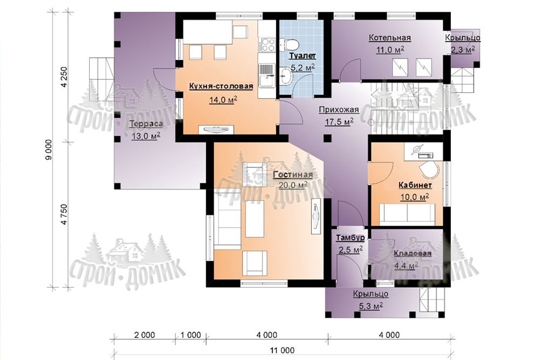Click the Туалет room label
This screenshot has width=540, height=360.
pyautogui.click(x=302, y=56)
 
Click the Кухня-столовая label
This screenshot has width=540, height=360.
pyautogui.click(x=221, y=86)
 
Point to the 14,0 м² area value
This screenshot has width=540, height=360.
pyautogui.click(x=223, y=100)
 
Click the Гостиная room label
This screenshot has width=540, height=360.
pyautogui.click(x=293, y=174)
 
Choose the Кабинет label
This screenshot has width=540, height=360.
pyautogui.click(x=415, y=185)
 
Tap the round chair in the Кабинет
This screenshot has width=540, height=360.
pyautogui.click(x=429, y=169)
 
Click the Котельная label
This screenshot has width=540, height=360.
pyautogui.click(x=390, y=38)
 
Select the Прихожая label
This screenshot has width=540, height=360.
pyautogui.click(x=339, y=110)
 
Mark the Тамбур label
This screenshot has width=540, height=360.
pyautogui.click(x=350, y=238)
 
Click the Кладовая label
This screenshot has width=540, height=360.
pyautogui.click(x=413, y=253)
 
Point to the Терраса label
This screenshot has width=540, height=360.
pyautogui.click(x=146, y=124)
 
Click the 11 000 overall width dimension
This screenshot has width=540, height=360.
pyautogui.click(x=282, y=350)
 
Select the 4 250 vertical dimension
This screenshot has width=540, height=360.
pyautogui.click(x=64, y=77)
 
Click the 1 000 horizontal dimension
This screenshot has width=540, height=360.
pyautogui.click(x=191, y=335)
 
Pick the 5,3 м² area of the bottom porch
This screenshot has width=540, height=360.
pyautogui.click(x=371, y=305)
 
